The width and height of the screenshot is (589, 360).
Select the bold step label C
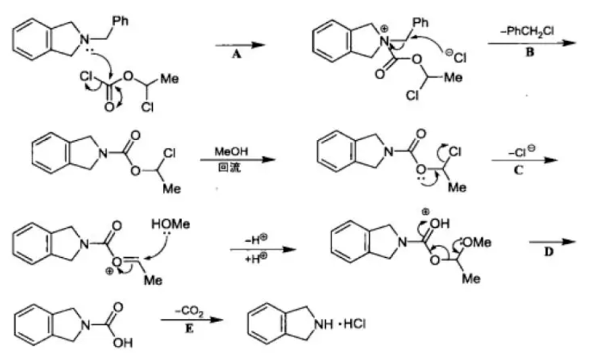tap(519, 170)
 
